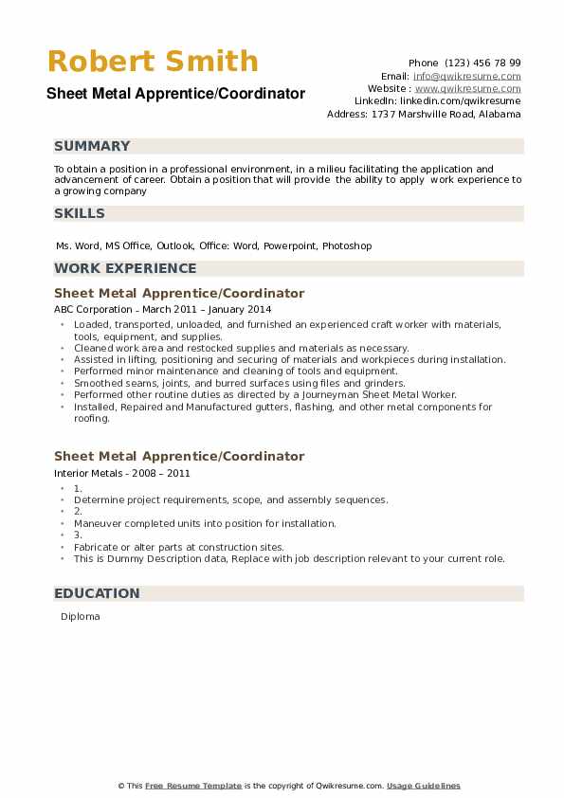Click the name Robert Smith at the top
click(153, 62)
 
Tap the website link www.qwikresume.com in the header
click(467, 88)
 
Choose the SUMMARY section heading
click(92, 146)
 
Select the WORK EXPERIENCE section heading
click(125, 268)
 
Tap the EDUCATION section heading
click(97, 593)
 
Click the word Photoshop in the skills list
click(347, 245)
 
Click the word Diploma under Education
click(80, 617)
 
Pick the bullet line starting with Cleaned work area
click(241, 348)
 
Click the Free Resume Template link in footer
click(193, 786)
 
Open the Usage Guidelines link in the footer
click(423, 786)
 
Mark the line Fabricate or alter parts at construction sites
click(178, 547)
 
